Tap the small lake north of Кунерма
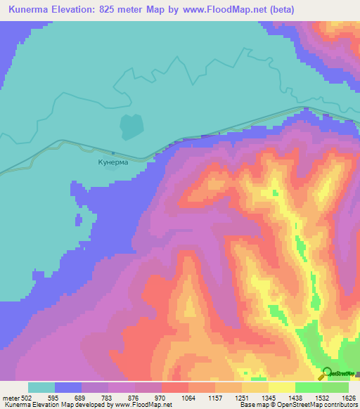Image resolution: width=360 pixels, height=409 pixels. pyautogui.click(x=130, y=126)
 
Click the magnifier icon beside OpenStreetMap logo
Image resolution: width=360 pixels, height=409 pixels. pyautogui.click(x=326, y=374)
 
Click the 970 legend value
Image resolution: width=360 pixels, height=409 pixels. pyautogui.click(x=161, y=397)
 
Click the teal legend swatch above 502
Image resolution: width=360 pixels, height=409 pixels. pyautogui.click(x=41, y=387)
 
